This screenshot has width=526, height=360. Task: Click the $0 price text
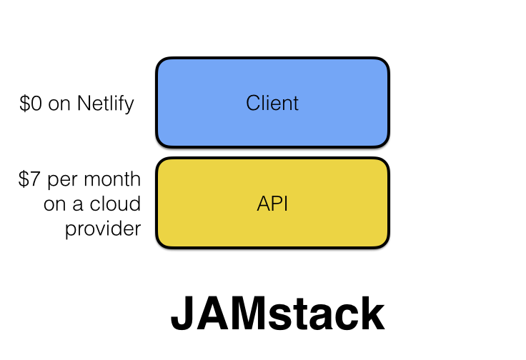click(x=31, y=104)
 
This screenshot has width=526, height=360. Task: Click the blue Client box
click(x=272, y=103)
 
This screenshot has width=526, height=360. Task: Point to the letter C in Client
click(x=252, y=103)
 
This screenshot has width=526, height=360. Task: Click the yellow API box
click(x=272, y=204)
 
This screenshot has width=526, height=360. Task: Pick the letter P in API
click(x=275, y=204)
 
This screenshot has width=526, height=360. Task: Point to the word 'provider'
click(x=103, y=229)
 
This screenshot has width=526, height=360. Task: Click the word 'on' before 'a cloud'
click(x=55, y=204)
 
